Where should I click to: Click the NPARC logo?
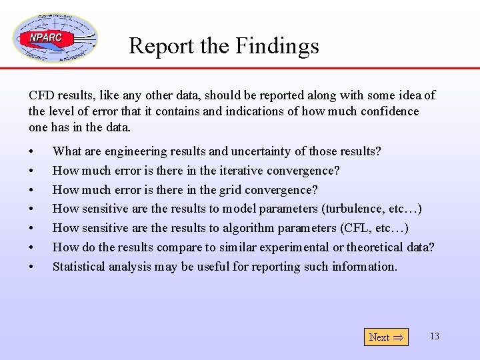[55, 38]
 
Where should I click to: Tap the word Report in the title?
[157, 46]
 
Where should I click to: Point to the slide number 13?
[435, 336]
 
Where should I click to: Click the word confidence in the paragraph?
[389, 111]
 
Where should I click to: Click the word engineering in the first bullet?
[134, 152]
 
